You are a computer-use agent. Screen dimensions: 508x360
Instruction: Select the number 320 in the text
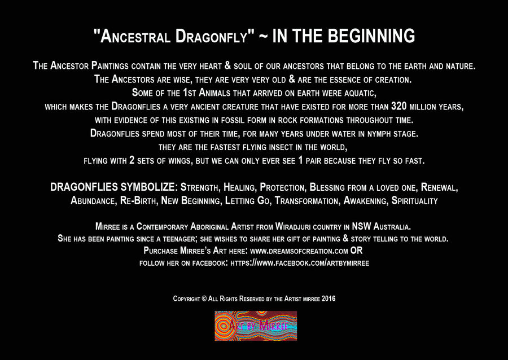pyautogui.click(x=398, y=106)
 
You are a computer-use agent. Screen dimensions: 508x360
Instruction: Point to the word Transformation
pyautogui.click(x=306, y=201)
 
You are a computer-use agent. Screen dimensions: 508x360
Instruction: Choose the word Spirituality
pyautogui.click(x=414, y=201)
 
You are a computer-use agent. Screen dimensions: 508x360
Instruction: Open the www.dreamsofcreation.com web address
pyautogui.click(x=299, y=251)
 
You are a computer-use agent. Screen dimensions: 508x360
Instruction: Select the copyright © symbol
pyautogui.click(x=204, y=298)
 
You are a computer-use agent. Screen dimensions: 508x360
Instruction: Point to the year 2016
pyautogui.click(x=329, y=298)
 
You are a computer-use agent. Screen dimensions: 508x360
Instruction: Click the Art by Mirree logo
pyautogui.click(x=256, y=326)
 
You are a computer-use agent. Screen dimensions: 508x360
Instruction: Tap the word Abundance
pyautogui.click(x=93, y=201)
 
